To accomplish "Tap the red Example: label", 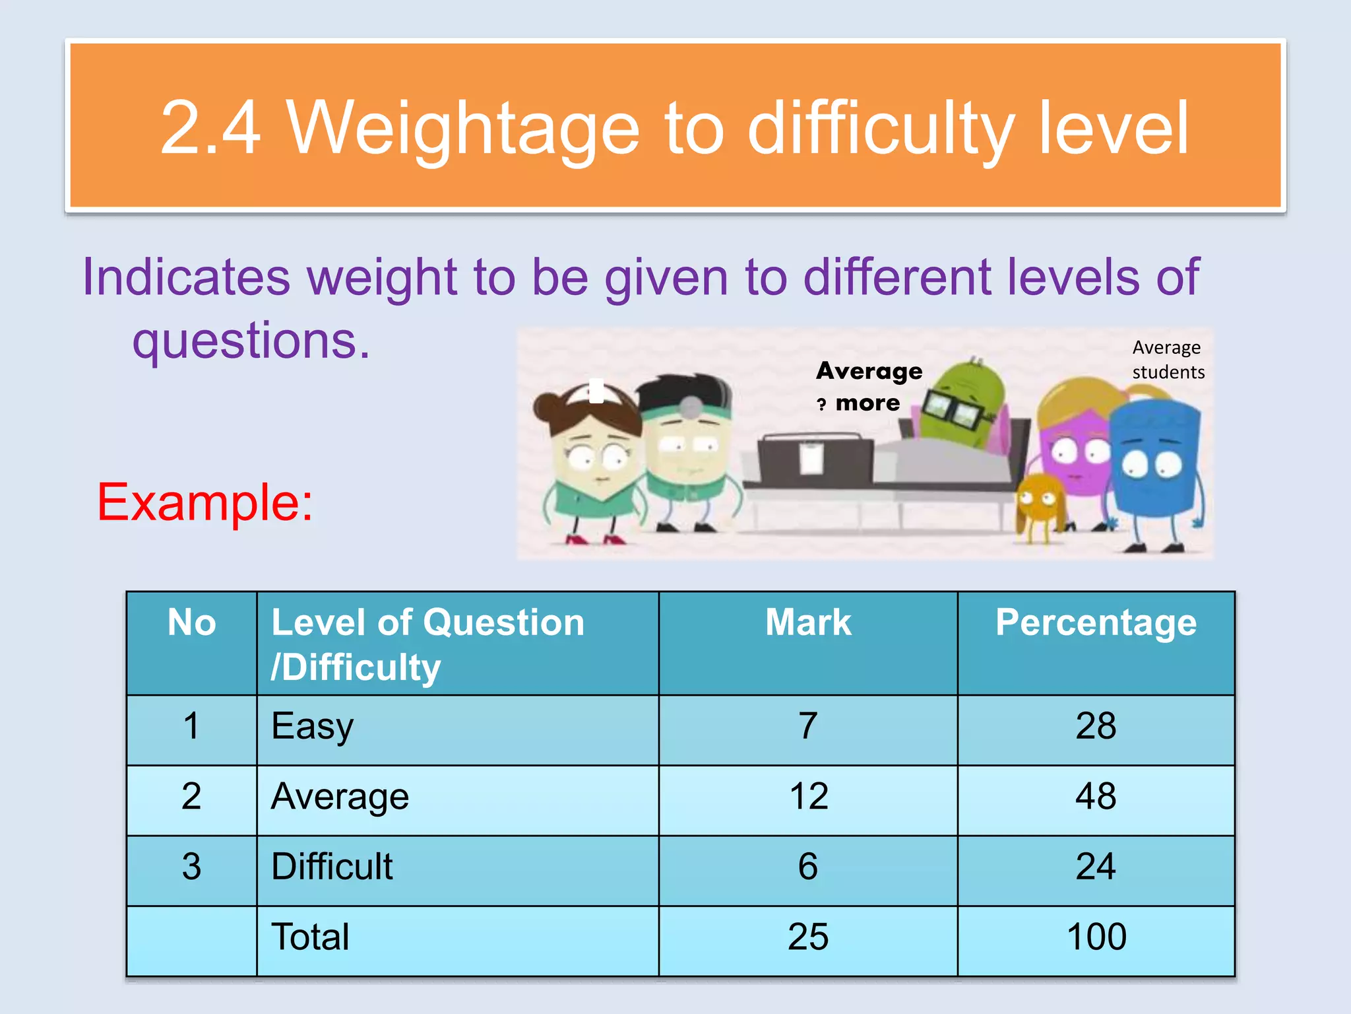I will tap(205, 502).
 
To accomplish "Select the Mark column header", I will tap(808, 623).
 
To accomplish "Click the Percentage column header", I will tap(1096, 623).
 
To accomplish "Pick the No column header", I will tap(191, 623).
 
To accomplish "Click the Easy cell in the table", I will tap(313, 727).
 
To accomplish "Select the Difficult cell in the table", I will tap(332, 867).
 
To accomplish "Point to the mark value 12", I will tap(809, 797).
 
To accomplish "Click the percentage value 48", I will tap(1096, 797).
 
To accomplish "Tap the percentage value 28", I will tap(1096, 727).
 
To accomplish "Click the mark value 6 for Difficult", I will tap(808, 867).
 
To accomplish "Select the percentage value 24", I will tap(1096, 867).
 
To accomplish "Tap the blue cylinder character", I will tap(1154, 462).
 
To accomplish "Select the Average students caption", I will tap(1168, 360).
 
